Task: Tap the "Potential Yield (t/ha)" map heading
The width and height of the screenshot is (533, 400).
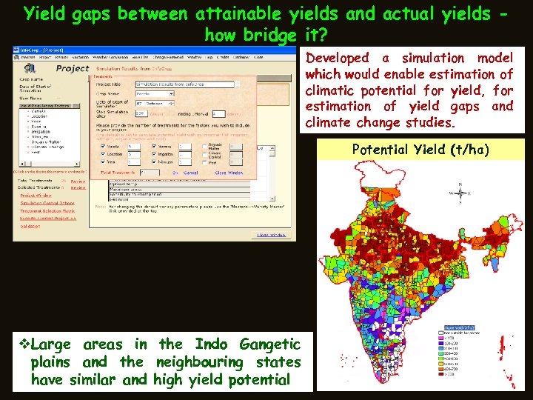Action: (420, 150)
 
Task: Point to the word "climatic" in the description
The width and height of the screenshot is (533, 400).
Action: (334, 90)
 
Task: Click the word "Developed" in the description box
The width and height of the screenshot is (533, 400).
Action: (337, 58)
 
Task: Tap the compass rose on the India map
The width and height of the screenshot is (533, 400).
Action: (461, 195)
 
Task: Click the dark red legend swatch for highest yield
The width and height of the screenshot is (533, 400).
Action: (448, 374)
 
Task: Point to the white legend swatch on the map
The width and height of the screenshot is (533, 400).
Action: (448, 332)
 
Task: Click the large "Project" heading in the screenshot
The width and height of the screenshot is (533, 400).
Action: (72, 67)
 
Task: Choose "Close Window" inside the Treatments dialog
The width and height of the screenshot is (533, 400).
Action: (231, 173)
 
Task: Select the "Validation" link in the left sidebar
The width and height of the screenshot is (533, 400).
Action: (29, 226)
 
